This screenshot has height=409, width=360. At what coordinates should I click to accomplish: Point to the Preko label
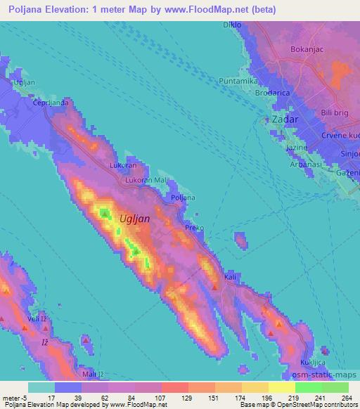tap(194, 228)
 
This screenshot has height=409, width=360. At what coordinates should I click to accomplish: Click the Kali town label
tap(229, 278)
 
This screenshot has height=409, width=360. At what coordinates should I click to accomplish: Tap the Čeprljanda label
tap(49, 103)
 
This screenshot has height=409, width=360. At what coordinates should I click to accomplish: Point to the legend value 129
tap(188, 398)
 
